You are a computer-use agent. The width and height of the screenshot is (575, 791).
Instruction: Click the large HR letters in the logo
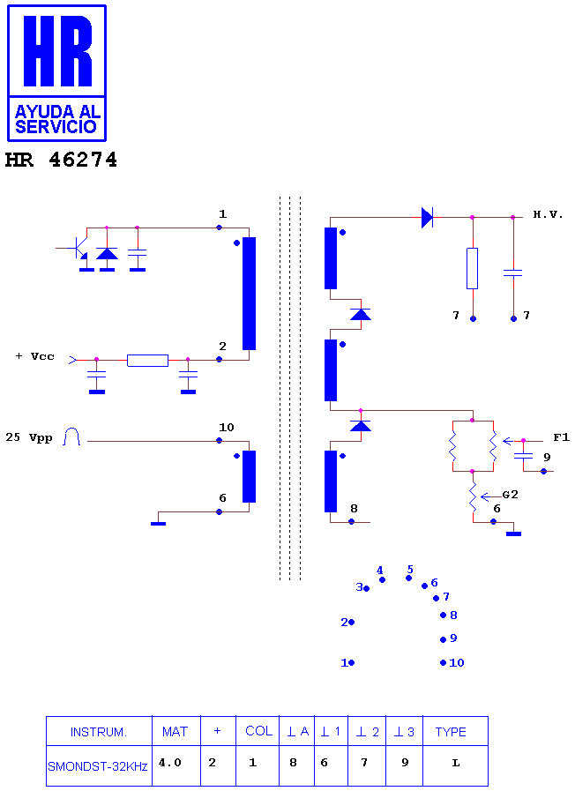57,50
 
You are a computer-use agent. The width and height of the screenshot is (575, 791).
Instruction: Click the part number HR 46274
61,160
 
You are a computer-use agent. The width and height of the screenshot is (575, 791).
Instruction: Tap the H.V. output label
548,215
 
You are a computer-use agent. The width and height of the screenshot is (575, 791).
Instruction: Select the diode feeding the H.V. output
427,218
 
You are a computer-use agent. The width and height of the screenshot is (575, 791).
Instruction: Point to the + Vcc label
34,356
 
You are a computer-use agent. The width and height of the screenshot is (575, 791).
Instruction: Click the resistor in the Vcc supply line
147,360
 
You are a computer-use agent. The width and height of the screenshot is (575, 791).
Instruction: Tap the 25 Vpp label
29,437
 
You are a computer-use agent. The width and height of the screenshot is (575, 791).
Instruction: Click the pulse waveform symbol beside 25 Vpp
71,437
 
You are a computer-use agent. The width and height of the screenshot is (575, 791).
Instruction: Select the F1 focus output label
561,437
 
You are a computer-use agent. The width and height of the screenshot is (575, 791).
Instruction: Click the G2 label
510,495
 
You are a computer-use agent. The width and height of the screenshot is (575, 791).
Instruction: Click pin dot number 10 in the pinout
443,663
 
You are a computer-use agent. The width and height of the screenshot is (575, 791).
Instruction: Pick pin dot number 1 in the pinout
352,663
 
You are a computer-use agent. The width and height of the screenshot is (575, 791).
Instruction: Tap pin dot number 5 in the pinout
408,578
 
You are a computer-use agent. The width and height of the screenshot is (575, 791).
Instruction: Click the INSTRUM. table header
99,732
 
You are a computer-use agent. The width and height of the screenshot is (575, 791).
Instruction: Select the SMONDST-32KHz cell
98,766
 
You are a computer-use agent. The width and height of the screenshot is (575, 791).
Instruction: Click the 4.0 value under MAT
170,762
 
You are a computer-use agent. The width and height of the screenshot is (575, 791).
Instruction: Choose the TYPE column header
451,732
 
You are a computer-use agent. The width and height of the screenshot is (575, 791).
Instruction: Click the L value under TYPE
455,763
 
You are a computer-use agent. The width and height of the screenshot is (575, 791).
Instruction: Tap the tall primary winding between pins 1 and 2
250,294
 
